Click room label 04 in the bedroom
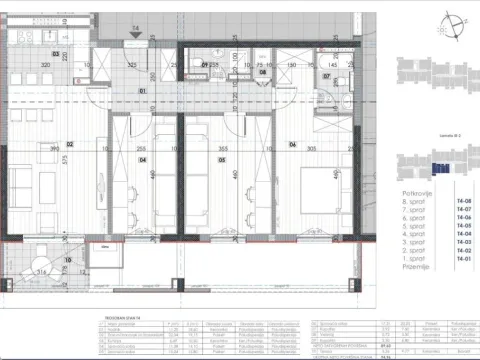point(143,158)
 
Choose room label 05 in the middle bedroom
point(212,158)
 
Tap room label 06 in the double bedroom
point(293,144)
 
